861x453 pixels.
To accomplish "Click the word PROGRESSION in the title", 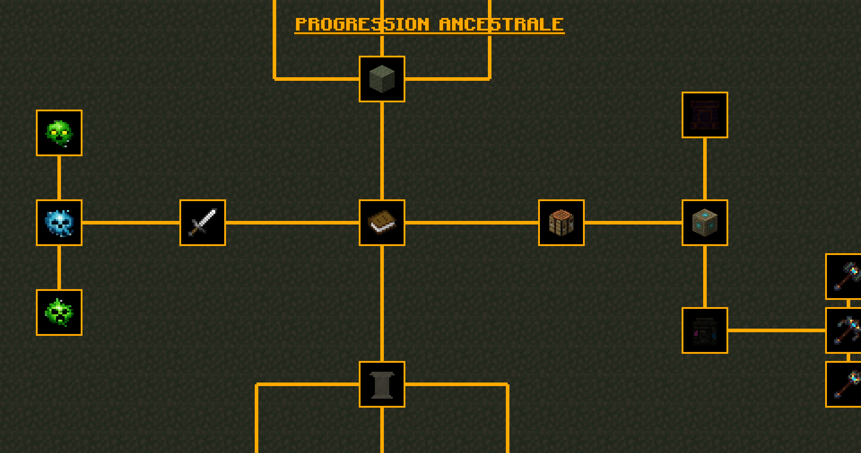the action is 362,24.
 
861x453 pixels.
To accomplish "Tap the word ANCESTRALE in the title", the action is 501,24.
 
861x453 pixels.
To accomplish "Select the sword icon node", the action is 203,223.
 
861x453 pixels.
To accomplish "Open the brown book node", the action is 382,223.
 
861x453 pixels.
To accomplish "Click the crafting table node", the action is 561,223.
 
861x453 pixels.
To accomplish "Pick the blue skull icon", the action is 59,223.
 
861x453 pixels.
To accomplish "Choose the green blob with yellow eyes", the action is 59,133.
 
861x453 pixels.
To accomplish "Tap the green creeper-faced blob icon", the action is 59,312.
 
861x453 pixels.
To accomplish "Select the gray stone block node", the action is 382,79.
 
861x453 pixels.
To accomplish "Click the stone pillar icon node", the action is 382,384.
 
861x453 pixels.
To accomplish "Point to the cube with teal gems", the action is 705,223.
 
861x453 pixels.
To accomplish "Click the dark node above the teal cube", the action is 705,115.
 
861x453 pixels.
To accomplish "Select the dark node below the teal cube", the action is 705,330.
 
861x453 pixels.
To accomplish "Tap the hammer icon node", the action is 844,277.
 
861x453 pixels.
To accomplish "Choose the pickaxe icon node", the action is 844,330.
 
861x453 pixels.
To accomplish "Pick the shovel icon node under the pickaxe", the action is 844,384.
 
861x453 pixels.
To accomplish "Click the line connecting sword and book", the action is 292,223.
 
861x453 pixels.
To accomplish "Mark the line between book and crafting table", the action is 472,223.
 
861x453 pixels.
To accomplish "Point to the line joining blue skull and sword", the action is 131,223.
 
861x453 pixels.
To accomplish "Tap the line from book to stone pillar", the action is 382,303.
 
